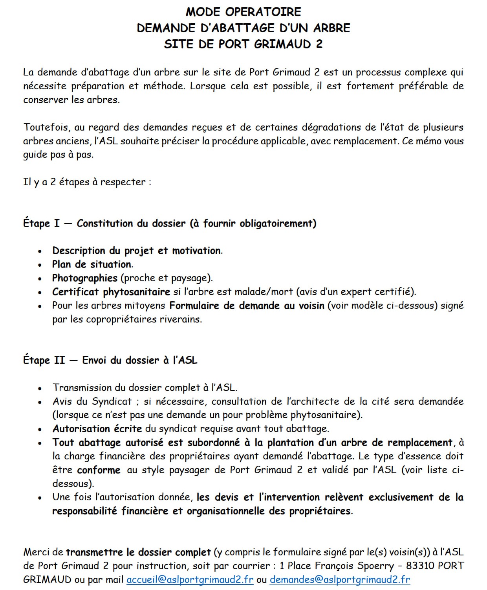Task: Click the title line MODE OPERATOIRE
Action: [243, 12]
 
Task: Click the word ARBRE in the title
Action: [331, 28]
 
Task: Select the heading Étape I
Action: [41, 223]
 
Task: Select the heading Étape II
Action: [44, 360]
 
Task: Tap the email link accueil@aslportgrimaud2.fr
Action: [190, 579]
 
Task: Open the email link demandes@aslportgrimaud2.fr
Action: [340, 579]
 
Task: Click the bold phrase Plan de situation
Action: [92, 264]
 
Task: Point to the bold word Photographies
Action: [84, 278]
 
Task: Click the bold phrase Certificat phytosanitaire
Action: [111, 292]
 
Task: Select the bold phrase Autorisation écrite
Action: [97, 429]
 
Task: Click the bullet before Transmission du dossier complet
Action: [40, 388]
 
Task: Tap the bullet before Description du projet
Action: [40, 251]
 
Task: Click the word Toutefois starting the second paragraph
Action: [46, 127]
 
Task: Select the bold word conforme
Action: [99, 470]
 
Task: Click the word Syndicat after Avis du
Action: [112, 402]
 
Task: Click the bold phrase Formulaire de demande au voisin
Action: [247, 306]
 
